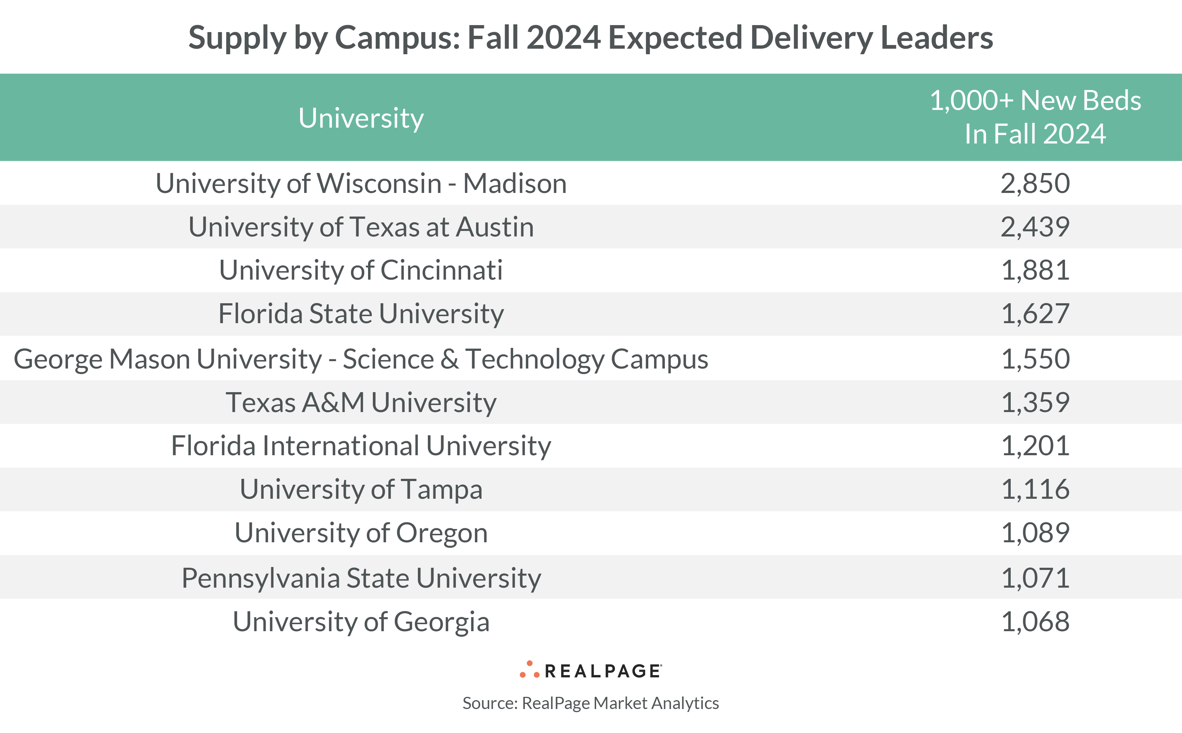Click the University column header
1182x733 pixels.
pyautogui.click(x=361, y=118)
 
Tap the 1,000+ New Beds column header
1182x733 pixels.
pyautogui.click(x=1035, y=117)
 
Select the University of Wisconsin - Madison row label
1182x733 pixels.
pyautogui.click(x=361, y=183)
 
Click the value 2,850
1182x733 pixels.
pyautogui.click(x=1035, y=183)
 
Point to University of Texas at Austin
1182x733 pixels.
pyautogui.click(x=361, y=227)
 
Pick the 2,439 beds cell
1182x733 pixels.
pyautogui.click(x=1035, y=227)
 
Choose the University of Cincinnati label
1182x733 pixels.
pyautogui.click(x=361, y=270)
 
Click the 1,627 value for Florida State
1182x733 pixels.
pyautogui.click(x=1035, y=314)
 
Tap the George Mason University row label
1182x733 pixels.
pyautogui.click(x=361, y=359)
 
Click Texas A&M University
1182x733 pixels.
pyautogui.click(x=361, y=402)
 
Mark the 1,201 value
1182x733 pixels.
pyautogui.click(x=1035, y=446)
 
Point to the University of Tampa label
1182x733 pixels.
pyautogui.click(x=361, y=489)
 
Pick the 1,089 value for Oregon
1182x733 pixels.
pyautogui.click(x=1035, y=533)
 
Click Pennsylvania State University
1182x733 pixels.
pyautogui.click(x=361, y=578)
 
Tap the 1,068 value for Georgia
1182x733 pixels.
pyautogui.click(x=1035, y=622)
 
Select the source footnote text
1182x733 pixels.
pyautogui.click(x=590, y=703)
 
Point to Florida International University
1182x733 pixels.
pyautogui.click(x=361, y=446)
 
